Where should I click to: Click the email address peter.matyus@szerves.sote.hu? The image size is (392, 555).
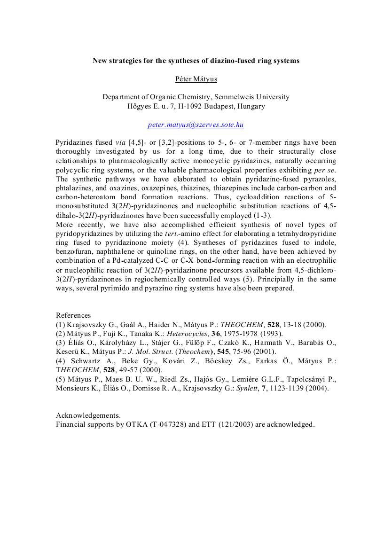click(196, 125)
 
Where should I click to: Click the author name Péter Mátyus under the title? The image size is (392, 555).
click(196, 79)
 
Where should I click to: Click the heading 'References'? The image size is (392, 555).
click(73, 315)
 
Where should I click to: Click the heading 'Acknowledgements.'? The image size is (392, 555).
click(88, 415)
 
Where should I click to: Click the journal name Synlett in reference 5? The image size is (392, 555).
click(249, 389)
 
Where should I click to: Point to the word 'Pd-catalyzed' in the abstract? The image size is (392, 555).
click(125, 261)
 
